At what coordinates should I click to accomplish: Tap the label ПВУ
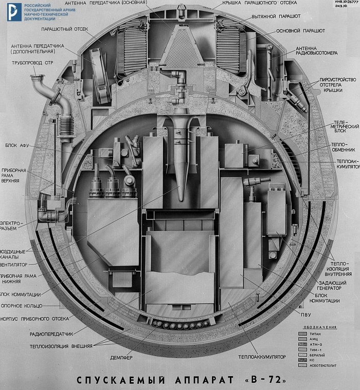tap(300, 314)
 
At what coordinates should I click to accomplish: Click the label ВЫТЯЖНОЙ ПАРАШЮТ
tap(283, 16)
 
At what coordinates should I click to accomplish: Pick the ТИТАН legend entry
tap(314, 334)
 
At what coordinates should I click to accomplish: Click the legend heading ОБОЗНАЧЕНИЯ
tap(319, 327)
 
